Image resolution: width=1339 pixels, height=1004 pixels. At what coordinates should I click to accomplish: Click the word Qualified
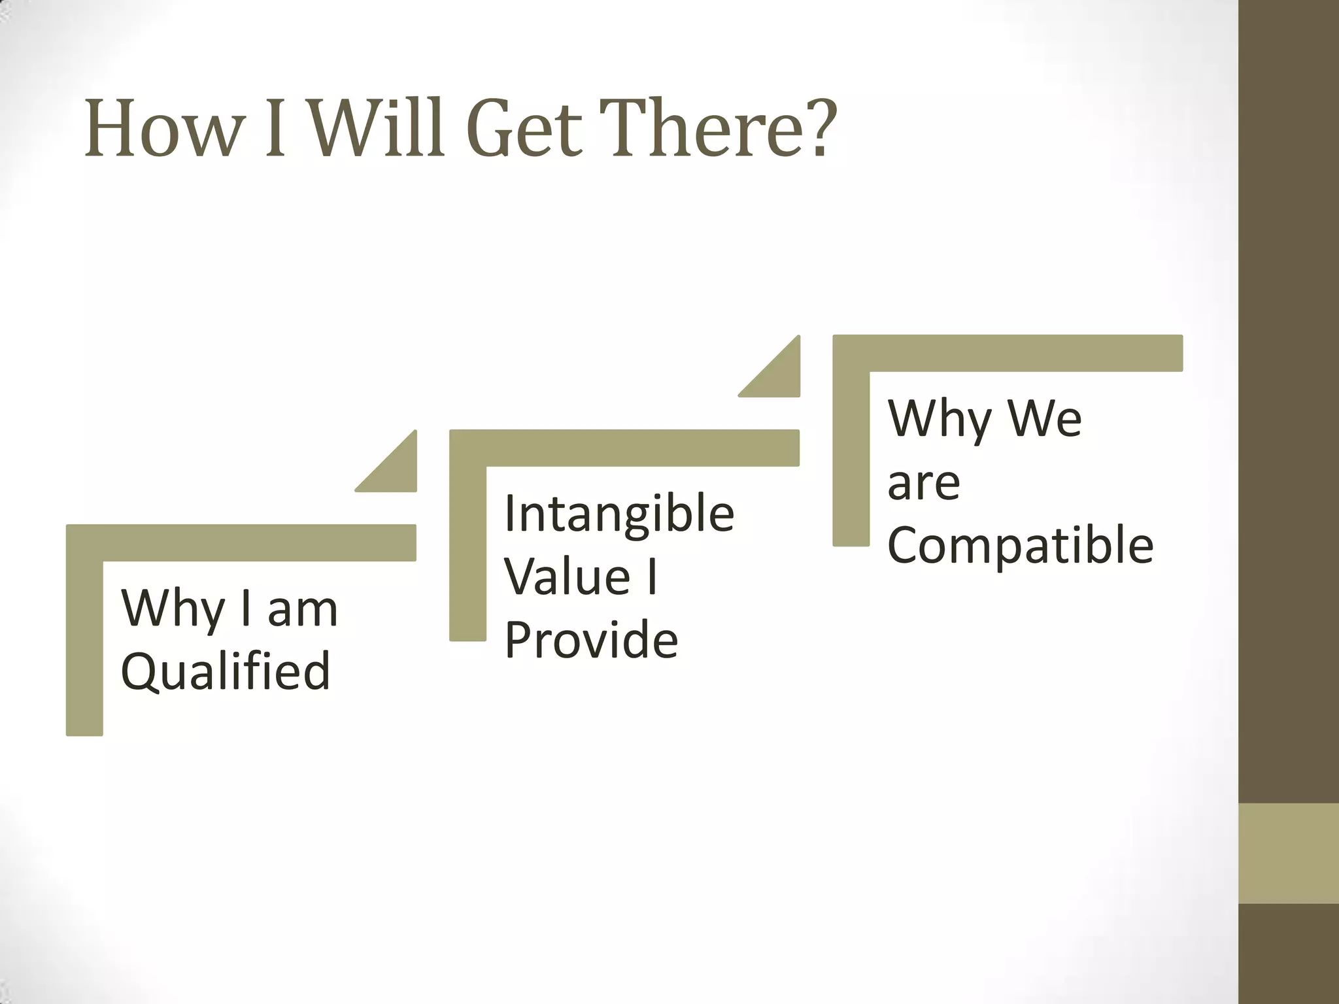[226, 672]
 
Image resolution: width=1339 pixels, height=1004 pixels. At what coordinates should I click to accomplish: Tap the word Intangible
[619, 514]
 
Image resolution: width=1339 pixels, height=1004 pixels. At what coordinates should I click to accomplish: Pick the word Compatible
[1020, 544]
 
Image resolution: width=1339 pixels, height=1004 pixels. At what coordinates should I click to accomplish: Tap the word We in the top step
[1045, 418]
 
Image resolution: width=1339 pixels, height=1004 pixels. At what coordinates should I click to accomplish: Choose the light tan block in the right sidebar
[1288, 853]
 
